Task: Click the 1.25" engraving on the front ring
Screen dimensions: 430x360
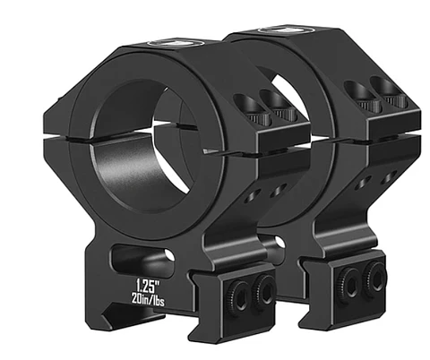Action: pos(147,286)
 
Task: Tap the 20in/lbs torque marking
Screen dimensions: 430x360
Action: pos(148,299)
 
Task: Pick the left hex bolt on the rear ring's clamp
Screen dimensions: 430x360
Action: pos(351,279)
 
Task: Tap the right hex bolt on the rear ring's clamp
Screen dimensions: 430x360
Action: pos(374,275)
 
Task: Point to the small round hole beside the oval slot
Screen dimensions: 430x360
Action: pos(170,255)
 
